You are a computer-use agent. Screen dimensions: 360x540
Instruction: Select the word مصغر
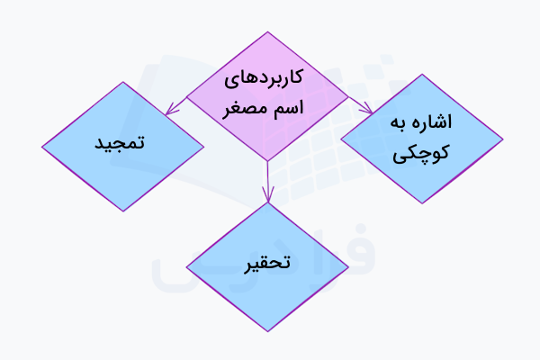[247, 109]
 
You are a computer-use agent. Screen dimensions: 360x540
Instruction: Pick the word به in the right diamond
[399, 123]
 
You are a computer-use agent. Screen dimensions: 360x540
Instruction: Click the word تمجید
[121, 144]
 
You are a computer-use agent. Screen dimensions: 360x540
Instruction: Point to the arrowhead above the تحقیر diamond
[267, 195]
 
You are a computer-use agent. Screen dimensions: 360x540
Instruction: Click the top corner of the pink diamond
[267, 32]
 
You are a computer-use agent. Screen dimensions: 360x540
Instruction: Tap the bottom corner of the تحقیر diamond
[267, 331]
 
